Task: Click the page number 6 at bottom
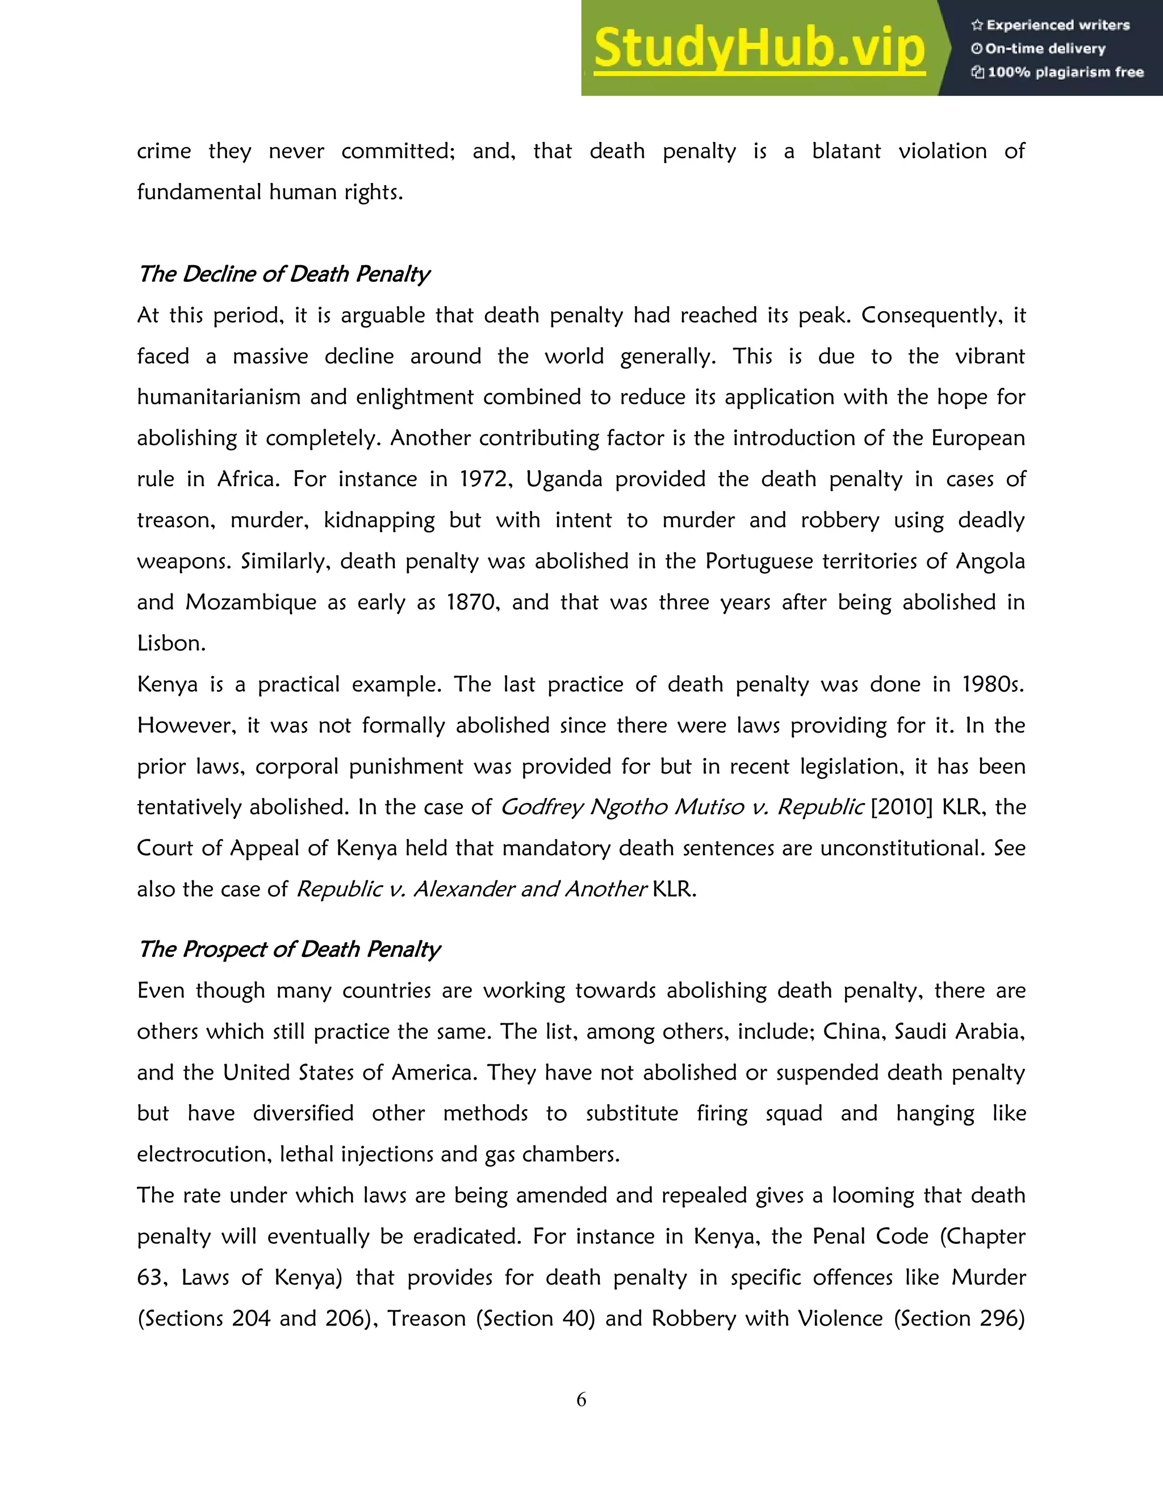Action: pyautogui.click(x=581, y=1399)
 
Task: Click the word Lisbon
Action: pyautogui.click(x=170, y=643)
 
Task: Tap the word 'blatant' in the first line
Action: pyautogui.click(x=846, y=151)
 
